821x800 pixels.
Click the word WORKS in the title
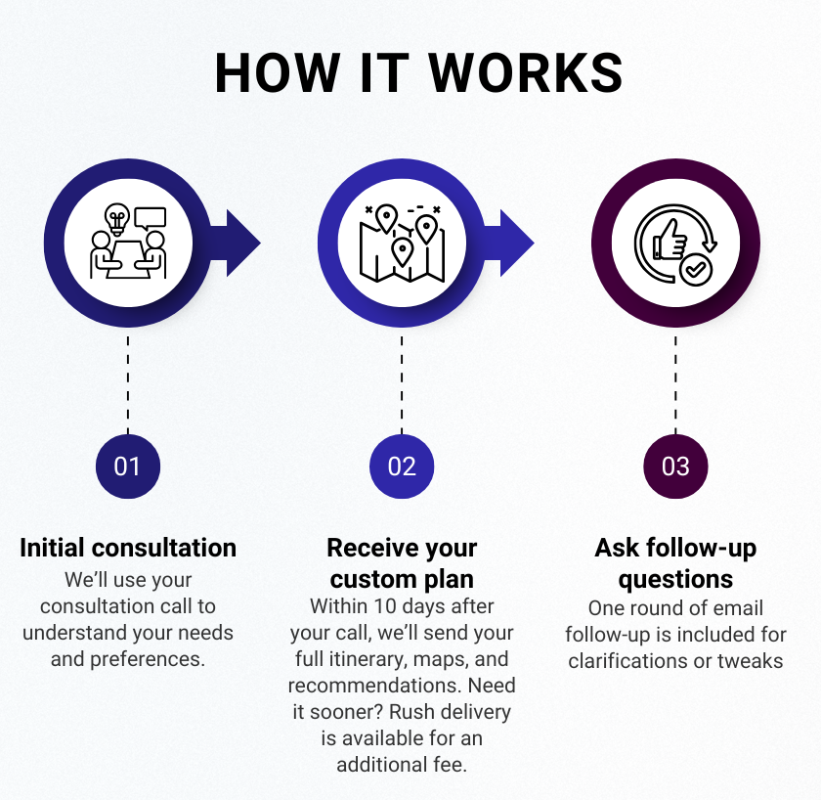coord(526,72)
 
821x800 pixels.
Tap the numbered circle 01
coord(128,467)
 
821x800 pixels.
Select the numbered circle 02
coord(402,467)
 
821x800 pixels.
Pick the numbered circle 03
coord(675,467)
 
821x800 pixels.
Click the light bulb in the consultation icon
coord(116,218)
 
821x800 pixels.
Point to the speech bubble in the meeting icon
coord(151,218)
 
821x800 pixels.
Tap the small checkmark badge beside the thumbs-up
coord(695,270)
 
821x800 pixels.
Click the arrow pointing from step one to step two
coord(236,244)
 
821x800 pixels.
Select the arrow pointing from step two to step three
coord(509,244)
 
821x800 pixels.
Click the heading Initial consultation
coord(128,548)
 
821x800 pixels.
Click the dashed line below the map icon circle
coord(402,385)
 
